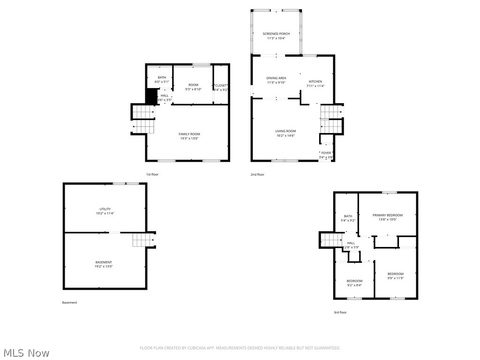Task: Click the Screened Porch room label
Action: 276,34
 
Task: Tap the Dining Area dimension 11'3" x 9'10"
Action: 276,82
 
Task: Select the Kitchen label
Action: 315,82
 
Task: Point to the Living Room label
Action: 285,131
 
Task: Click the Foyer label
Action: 326,153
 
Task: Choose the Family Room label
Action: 189,134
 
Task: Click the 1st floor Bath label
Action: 162,77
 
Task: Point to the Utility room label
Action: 105,209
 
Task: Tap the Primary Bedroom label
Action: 388,215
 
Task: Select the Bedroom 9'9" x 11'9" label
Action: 395,274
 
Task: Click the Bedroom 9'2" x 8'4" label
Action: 354,281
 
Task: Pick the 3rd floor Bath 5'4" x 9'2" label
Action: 348,216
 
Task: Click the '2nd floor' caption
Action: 257,174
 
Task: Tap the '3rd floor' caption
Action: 340,312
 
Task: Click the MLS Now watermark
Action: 25,352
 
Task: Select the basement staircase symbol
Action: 142,240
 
